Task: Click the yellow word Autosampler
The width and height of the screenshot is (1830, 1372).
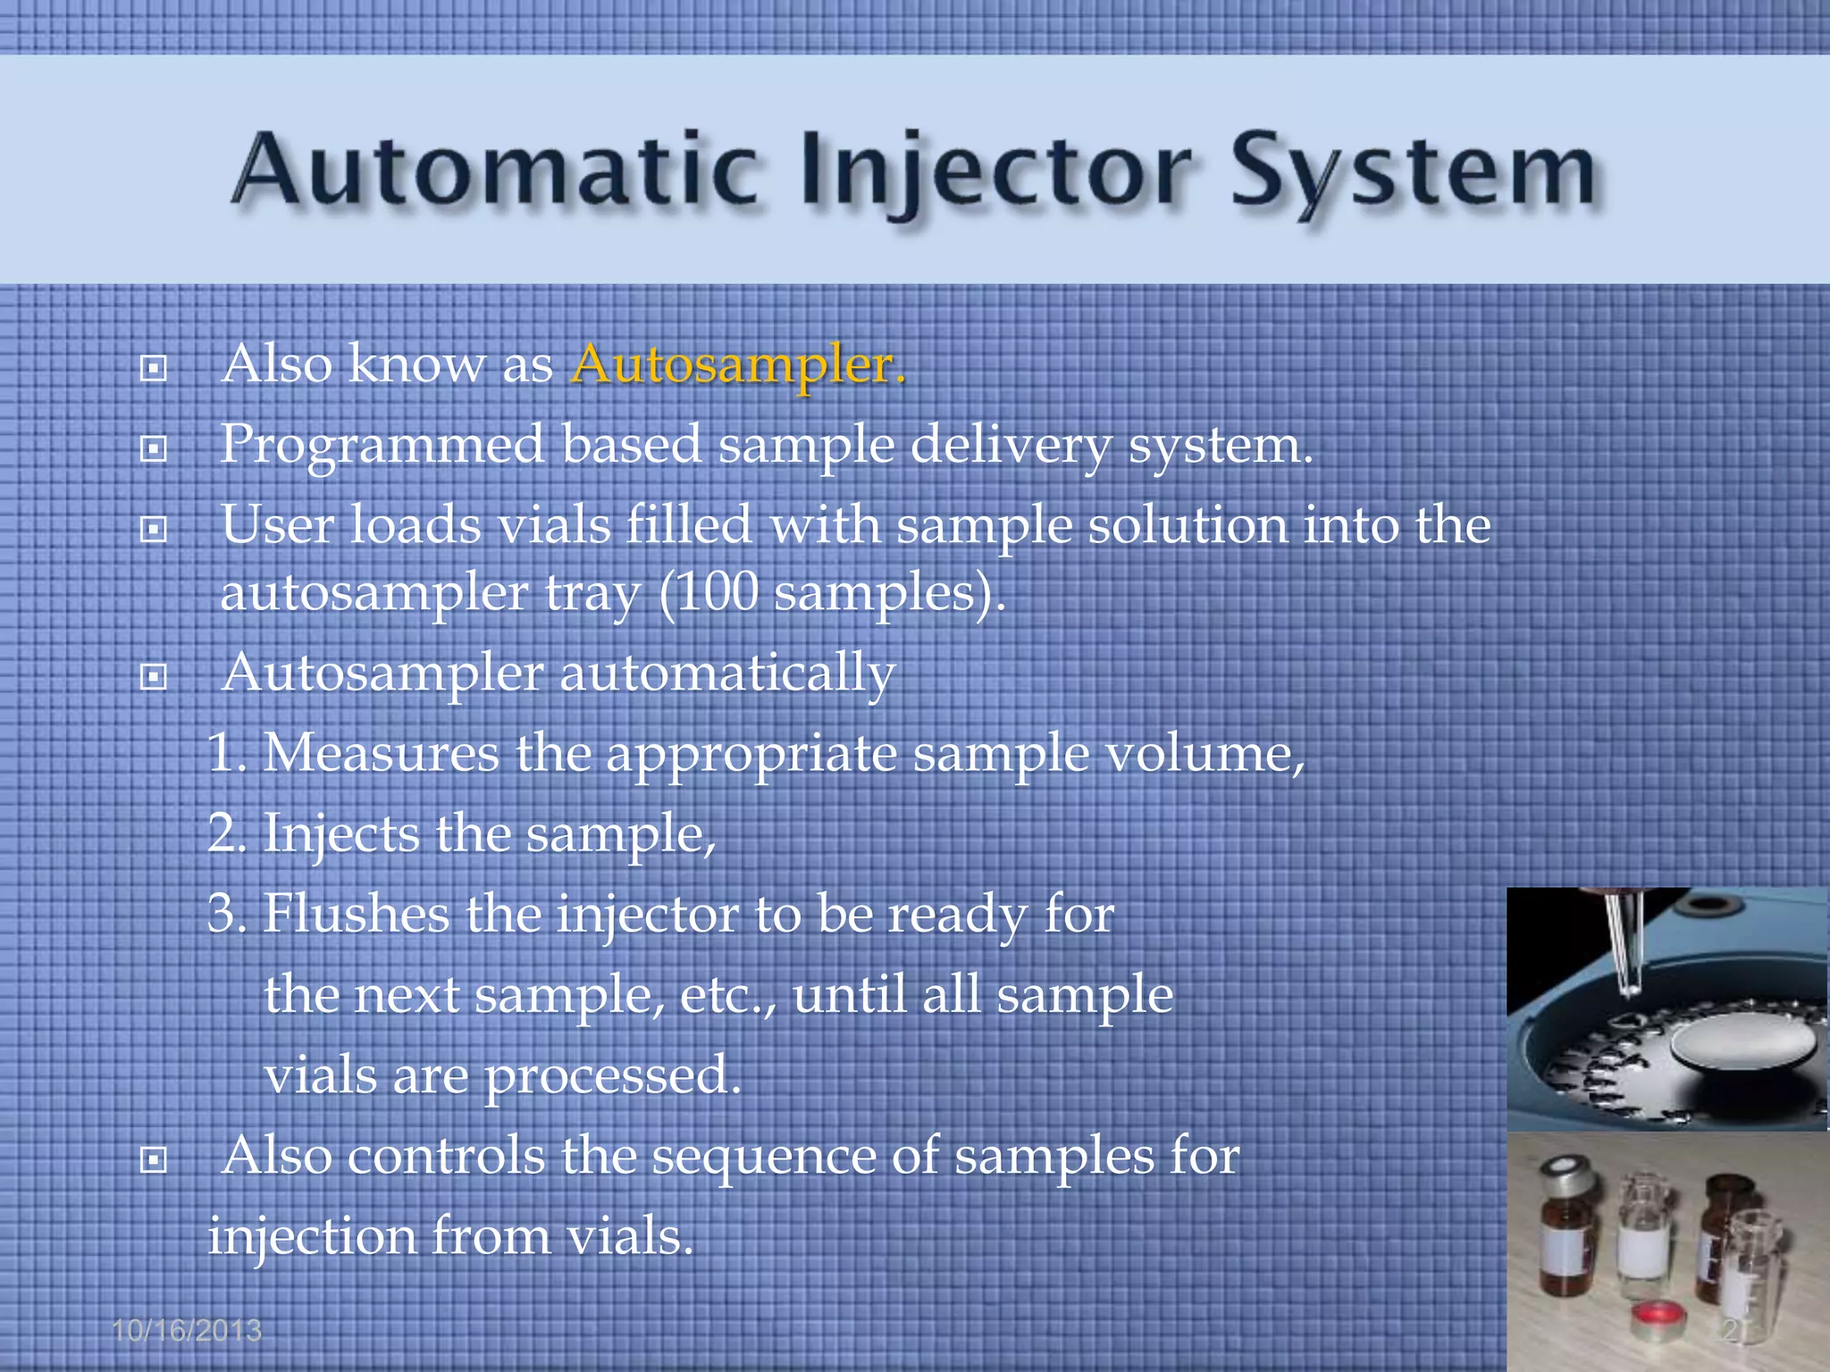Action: [x=738, y=365]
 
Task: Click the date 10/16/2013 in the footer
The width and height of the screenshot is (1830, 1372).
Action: [x=187, y=1331]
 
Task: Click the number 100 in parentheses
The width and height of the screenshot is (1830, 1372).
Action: [x=718, y=592]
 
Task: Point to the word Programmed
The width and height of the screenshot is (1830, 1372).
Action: [x=382, y=445]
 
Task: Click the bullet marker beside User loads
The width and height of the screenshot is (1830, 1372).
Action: [x=154, y=530]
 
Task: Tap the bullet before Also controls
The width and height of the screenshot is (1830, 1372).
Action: [x=154, y=1160]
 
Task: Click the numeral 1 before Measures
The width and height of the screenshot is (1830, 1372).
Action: [x=222, y=753]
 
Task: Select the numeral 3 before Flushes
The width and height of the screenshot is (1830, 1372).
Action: [x=223, y=914]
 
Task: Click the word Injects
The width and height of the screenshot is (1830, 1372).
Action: [x=340, y=835]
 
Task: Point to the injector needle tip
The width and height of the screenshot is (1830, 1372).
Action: [x=1629, y=990]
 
